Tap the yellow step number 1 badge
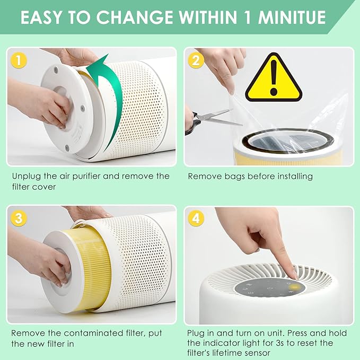(19, 60)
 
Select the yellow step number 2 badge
(196, 60)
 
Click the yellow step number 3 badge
(19, 218)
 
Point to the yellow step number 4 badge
(196, 218)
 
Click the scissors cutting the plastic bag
(209, 118)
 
